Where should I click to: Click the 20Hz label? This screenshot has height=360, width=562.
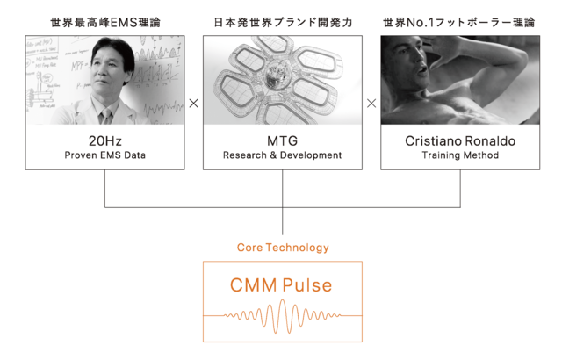[x=105, y=140]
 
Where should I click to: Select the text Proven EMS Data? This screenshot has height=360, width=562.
[x=105, y=155]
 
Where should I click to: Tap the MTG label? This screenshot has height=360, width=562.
[x=283, y=140]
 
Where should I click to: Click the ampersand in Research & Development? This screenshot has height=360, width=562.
[x=273, y=155]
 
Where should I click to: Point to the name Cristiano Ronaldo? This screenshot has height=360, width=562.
[x=460, y=140]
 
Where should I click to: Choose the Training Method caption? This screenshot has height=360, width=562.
[x=460, y=155]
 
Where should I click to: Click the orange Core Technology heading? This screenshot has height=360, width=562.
[x=283, y=248]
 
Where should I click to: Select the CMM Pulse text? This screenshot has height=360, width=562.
[x=281, y=285]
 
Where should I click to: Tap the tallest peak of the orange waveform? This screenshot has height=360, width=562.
[x=283, y=302]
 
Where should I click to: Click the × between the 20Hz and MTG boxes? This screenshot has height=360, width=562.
[x=193, y=104]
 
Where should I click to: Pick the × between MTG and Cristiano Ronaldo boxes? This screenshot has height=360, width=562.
[x=371, y=104]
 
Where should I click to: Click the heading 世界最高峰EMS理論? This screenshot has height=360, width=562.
[x=105, y=23]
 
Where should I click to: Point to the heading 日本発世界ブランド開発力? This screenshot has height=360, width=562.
[x=283, y=23]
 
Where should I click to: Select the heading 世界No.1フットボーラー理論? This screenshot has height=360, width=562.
[x=458, y=23]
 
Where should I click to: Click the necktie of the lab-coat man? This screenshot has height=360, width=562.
[x=106, y=117]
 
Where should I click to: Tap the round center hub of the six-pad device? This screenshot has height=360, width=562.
[x=277, y=75]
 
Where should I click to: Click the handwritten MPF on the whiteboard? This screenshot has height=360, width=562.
[x=78, y=66]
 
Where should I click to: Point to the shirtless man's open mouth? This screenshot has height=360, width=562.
[x=423, y=68]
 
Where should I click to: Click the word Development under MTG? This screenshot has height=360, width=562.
[x=311, y=155]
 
